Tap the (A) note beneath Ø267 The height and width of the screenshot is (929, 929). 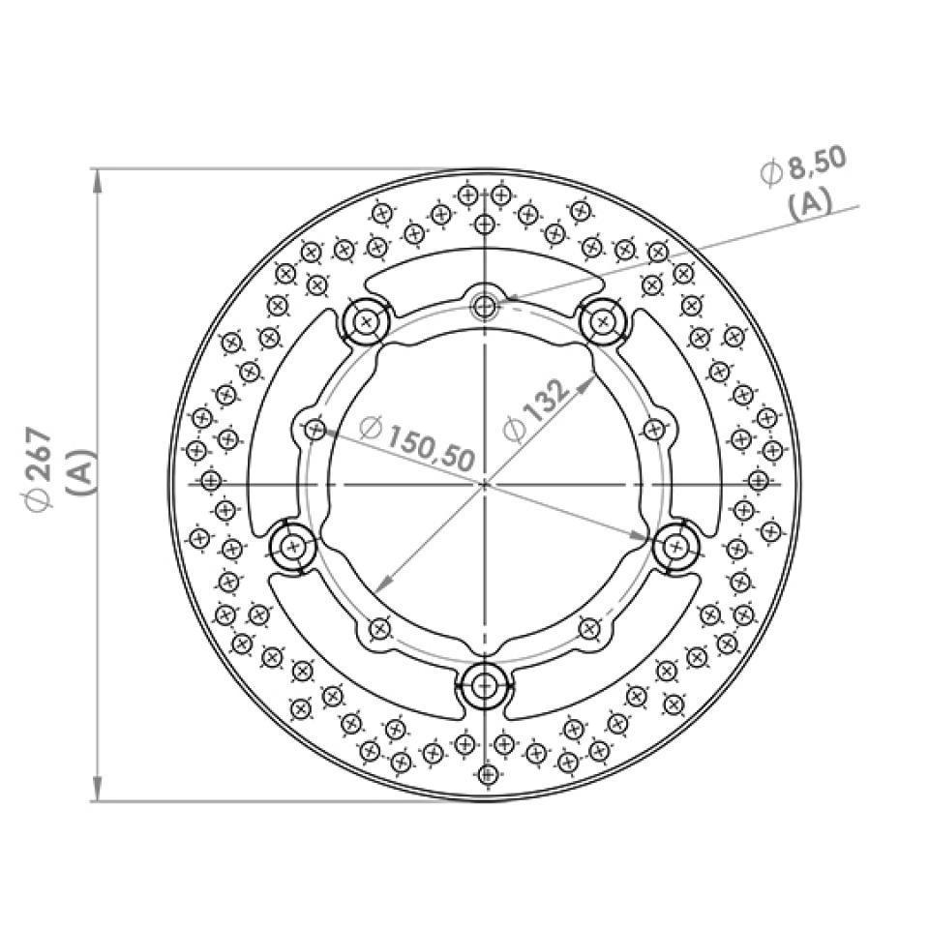click(81, 472)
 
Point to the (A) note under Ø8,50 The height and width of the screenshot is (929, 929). click(810, 204)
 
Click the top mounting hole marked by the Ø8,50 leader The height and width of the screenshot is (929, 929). click(484, 308)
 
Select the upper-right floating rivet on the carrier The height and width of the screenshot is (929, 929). click(604, 318)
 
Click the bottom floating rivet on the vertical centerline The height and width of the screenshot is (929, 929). click(484, 686)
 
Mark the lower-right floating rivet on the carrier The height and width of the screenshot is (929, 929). click(675, 548)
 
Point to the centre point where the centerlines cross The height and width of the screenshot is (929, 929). click(484, 482)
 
